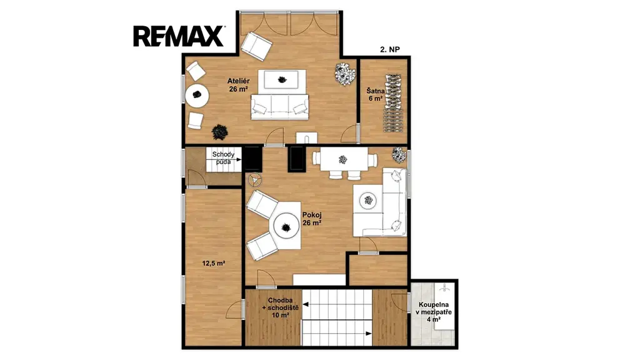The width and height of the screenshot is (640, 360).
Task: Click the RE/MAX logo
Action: pos(178,36)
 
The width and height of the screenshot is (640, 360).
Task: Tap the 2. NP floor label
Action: pos(390,49)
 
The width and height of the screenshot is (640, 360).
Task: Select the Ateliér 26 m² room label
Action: pos(238,85)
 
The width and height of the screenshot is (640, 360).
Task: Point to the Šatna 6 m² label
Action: pos(375,95)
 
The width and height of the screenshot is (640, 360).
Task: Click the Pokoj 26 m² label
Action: pos(312,219)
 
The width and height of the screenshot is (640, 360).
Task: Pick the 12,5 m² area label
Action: pos(214,263)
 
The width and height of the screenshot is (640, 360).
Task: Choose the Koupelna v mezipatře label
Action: pos(434,312)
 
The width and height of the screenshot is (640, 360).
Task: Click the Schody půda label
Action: pos(223,158)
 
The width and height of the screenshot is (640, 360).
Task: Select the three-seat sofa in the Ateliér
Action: pos(279,107)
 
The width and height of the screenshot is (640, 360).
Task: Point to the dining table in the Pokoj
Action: pos(343,159)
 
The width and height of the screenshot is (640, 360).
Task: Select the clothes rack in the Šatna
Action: pos(392,103)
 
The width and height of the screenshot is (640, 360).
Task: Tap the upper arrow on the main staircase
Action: pos(337,304)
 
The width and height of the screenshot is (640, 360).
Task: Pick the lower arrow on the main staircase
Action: pos(337,334)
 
